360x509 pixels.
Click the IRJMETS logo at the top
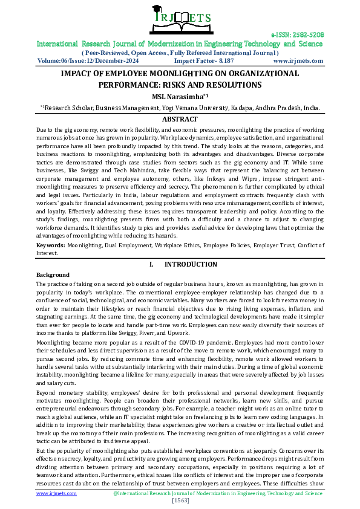pos(180,18)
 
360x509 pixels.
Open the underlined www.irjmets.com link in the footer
pos(56,493)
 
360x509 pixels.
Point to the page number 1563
pos(180,501)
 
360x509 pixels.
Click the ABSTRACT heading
pos(180,120)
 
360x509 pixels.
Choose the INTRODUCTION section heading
pos(191,264)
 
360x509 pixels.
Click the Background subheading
pos(53,275)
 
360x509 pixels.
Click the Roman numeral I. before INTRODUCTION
pos(151,264)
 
